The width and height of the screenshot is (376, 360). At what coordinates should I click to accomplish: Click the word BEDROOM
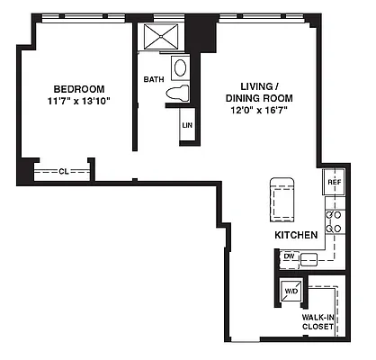[x=79, y=88]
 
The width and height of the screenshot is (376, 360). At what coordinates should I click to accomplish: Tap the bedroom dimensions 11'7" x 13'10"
[x=79, y=102]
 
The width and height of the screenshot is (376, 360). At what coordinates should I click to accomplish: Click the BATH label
[x=153, y=79]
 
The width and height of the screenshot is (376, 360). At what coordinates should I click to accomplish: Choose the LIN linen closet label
[x=187, y=125]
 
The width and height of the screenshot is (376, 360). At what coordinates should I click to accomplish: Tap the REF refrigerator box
[x=334, y=183]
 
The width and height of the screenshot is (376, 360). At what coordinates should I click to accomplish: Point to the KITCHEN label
[x=297, y=235]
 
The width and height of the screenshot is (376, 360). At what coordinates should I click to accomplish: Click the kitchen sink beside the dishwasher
[x=311, y=258]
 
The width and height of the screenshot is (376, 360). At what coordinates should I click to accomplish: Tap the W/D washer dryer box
[x=291, y=292]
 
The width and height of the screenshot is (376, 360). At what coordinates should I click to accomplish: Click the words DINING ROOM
[x=255, y=97]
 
